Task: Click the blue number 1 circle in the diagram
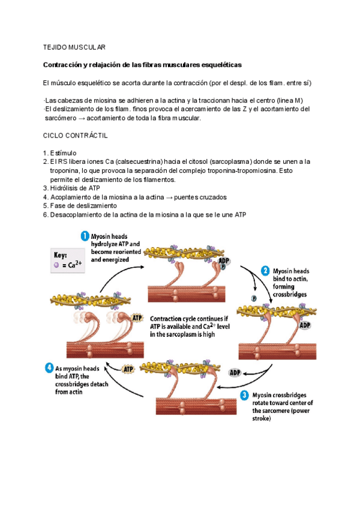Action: (x=85, y=237)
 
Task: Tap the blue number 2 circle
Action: (x=266, y=271)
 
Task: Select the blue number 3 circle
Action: (x=244, y=395)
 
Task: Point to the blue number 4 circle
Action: (x=52, y=367)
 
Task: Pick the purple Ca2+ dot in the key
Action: (x=56, y=265)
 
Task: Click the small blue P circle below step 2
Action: (x=254, y=298)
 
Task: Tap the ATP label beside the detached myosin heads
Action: (x=137, y=318)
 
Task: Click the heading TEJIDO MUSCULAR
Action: (x=74, y=47)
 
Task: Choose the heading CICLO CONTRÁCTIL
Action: (x=76, y=136)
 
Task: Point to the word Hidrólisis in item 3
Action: (x=65, y=188)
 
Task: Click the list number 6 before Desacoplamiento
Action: (x=46, y=214)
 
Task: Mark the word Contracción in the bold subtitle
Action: (x=64, y=64)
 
